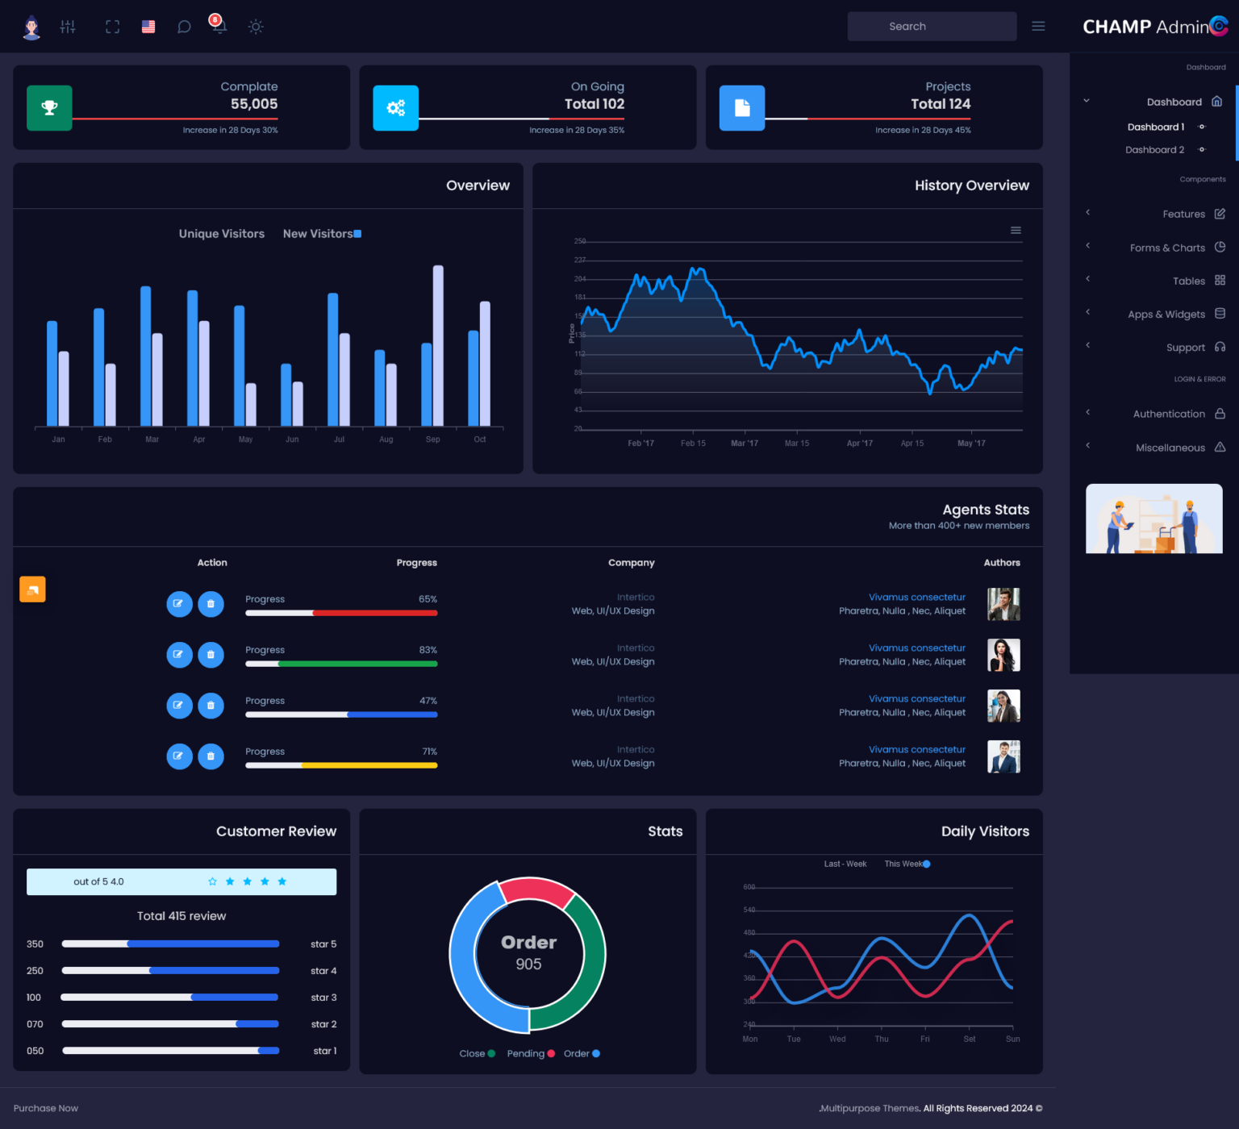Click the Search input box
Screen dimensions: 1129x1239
[931, 27]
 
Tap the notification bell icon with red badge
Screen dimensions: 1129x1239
[218, 25]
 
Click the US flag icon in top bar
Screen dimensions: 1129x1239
[148, 27]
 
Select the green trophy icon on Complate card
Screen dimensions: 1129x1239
[49, 107]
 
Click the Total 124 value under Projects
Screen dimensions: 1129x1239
[940, 104]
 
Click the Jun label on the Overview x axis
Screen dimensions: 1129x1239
[292, 440]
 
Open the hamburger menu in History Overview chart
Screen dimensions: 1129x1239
[1016, 231]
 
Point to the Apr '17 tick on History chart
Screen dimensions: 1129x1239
[859, 443]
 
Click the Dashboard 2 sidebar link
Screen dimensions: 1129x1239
[1154, 150]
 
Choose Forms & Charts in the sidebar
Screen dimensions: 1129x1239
[1167, 248]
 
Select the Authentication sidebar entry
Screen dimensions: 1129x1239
[1169, 414]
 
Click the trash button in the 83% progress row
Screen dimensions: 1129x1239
[211, 655]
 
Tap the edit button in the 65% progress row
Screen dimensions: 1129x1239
[179, 604]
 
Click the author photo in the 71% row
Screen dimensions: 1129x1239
[1003, 756]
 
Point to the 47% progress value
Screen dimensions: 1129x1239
[428, 701]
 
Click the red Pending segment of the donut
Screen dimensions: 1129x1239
[536, 891]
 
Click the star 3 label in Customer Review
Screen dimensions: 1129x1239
[323, 998]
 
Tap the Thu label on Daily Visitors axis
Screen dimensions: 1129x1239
[882, 1039]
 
